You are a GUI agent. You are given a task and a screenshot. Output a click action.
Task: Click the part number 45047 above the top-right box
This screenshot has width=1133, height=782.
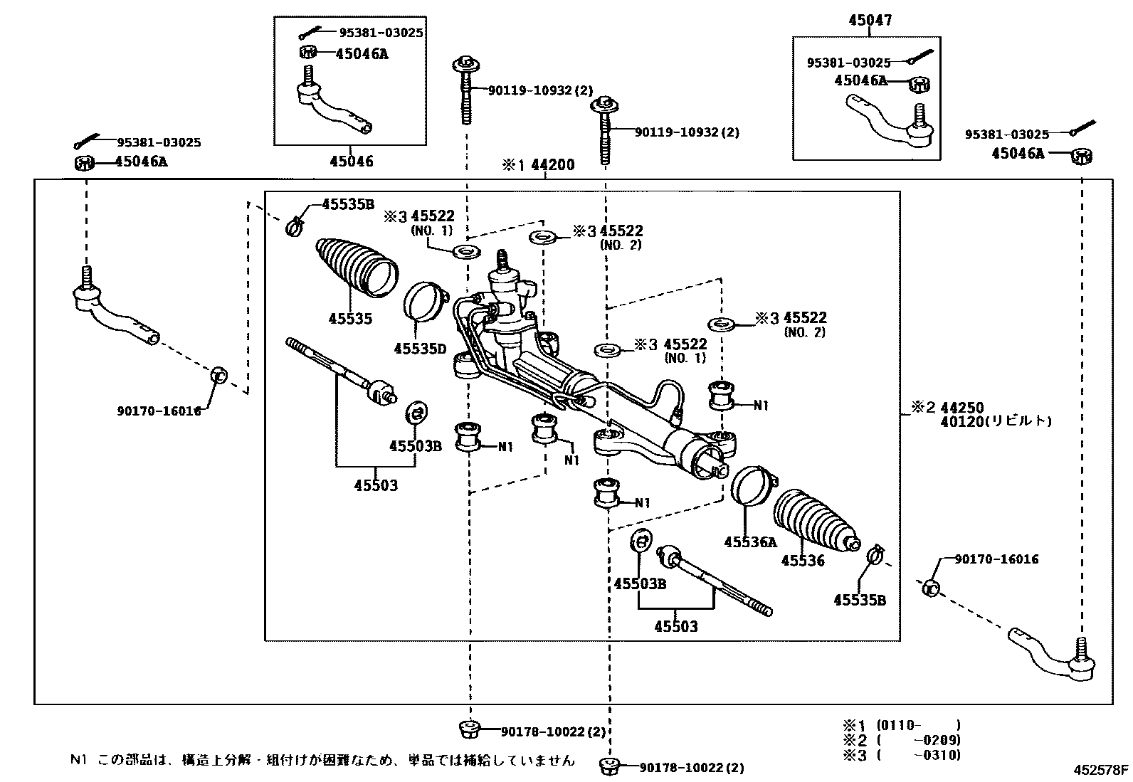[869, 21]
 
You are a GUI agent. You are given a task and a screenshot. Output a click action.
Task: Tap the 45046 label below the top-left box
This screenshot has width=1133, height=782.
[351, 162]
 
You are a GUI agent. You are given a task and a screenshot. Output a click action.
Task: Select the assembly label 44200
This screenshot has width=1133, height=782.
[552, 165]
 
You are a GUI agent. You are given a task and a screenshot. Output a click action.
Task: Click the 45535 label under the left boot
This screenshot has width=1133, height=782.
[350, 319]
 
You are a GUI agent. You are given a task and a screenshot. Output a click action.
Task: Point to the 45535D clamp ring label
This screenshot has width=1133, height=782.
[420, 349]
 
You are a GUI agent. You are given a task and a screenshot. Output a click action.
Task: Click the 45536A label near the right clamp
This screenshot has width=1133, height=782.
[750, 542]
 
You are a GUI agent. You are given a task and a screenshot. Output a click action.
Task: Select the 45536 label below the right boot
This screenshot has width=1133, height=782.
[803, 561]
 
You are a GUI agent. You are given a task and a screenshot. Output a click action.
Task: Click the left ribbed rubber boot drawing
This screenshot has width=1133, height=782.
[356, 265]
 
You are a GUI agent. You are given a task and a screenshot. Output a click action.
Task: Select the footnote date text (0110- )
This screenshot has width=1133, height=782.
[918, 725]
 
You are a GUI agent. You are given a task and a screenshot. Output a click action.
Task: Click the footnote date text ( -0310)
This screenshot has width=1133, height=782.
[918, 755]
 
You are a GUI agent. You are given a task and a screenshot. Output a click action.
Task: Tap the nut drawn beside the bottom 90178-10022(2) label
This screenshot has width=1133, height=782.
[609, 766]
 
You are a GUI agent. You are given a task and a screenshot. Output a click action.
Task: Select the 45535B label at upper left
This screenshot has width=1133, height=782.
[347, 205]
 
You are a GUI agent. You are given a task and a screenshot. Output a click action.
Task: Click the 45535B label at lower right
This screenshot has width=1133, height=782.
[859, 600]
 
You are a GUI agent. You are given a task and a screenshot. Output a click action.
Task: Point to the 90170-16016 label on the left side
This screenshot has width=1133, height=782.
[159, 411]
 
